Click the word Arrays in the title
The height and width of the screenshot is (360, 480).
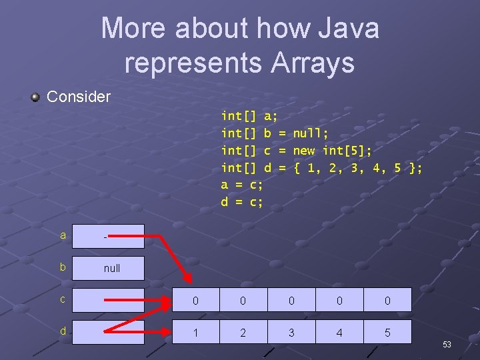click(x=312, y=63)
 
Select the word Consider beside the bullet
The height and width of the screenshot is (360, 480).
click(x=79, y=97)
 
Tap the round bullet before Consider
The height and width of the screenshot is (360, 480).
click(x=35, y=97)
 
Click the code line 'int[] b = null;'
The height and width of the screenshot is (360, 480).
click(x=274, y=133)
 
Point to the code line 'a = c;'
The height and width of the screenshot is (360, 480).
click(x=242, y=185)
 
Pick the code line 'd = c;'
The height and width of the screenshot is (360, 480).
click(x=242, y=201)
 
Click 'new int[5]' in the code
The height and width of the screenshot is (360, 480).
click(x=332, y=151)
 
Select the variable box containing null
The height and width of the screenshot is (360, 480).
click(x=108, y=269)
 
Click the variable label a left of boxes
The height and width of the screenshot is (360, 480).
click(x=63, y=235)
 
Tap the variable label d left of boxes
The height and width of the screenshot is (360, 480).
click(x=63, y=331)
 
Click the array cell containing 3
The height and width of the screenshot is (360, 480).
click(x=291, y=332)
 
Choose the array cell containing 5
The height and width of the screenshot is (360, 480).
click(x=387, y=332)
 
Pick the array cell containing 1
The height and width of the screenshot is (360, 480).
click(x=195, y=332)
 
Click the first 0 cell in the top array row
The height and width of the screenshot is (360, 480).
click(x=195, y=301)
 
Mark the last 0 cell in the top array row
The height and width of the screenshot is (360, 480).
click(x=387, y=301)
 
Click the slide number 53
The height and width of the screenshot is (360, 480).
click(x=447, y=345)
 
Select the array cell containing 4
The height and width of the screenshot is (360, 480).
click(x=339, y=332)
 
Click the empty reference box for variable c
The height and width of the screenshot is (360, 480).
click(x=108, y=300)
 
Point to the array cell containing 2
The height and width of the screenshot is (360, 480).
click(x=243, y=332)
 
